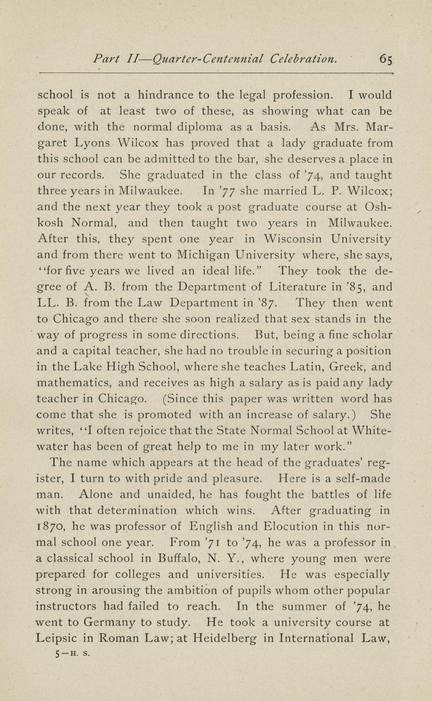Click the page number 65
[x=386, y=59]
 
